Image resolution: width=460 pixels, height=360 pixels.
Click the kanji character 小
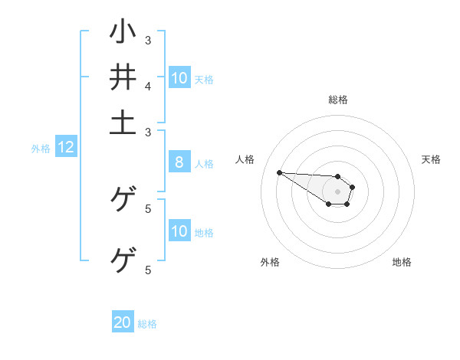123,32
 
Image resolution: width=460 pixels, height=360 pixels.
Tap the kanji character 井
123,77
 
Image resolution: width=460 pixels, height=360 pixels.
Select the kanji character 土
123,122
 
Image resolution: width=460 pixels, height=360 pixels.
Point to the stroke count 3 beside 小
148,40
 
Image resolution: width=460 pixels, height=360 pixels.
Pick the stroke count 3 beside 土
148,132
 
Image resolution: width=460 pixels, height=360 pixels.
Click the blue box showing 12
65,148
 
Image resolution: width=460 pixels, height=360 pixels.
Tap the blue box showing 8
179,162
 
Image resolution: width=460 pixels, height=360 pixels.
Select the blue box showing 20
123,322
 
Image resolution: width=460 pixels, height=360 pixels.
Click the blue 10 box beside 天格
179,77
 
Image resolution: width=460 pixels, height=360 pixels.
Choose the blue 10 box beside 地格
179,231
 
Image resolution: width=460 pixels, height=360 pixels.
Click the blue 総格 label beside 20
147,324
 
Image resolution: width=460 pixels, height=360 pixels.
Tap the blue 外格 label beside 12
41,149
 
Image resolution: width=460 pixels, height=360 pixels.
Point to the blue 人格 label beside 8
204,163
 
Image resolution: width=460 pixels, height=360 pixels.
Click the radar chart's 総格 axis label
338,100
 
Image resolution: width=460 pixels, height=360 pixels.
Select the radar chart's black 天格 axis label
431,159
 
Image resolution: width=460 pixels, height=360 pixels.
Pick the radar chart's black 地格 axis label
402,262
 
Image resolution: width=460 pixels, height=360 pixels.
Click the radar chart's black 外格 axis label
270,262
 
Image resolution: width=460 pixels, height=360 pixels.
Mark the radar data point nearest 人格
279,172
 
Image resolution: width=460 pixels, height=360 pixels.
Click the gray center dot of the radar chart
337,191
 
